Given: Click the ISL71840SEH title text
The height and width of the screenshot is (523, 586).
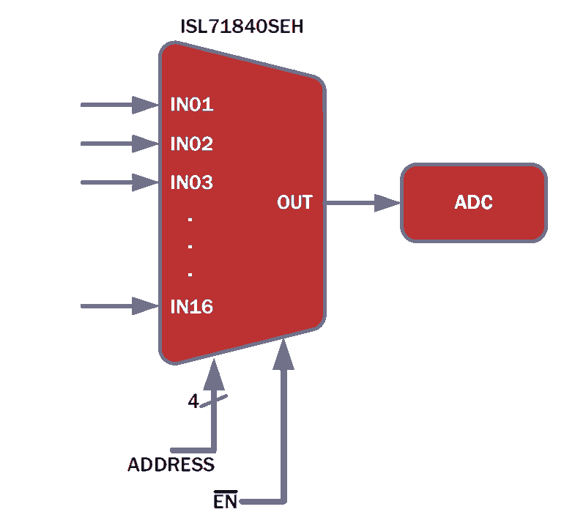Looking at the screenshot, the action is pos(242,26).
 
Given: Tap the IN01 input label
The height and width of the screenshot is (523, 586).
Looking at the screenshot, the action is pos(192,104).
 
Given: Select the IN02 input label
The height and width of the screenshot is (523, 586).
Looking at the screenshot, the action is pos(192,144).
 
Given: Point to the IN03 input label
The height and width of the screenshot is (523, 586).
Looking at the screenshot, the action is pos(192,182).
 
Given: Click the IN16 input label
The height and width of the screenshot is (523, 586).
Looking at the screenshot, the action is pos(192,306).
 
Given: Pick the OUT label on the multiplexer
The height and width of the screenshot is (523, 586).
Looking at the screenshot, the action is pos(294,202).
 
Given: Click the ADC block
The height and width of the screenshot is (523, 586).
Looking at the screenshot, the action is pos(474,203).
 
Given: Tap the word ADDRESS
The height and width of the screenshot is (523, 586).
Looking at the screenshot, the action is pos(171,464).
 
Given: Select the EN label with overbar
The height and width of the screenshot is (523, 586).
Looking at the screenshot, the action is pos(226,500).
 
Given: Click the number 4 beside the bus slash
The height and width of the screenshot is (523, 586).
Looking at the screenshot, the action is pos(193,401).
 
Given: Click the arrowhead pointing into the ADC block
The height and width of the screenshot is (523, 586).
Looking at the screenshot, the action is pos(387,203).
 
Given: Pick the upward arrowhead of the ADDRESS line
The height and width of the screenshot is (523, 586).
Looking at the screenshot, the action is pos(214,374).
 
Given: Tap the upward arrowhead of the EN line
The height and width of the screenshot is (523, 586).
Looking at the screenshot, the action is pos(283,354).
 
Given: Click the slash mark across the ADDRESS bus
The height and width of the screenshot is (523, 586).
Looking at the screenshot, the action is pos(213,401).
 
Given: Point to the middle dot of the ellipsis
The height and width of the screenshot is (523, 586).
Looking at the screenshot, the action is pos(190,247).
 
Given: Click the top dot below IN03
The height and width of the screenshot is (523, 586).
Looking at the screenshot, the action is pos(190,220).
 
